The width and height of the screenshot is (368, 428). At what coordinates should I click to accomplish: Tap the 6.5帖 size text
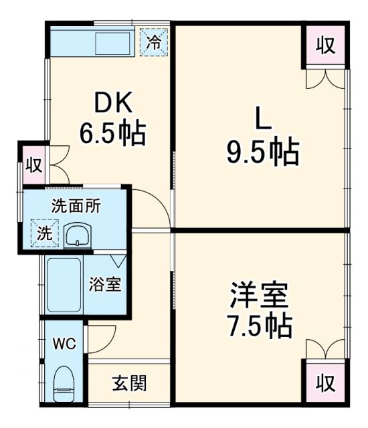pos(114,133)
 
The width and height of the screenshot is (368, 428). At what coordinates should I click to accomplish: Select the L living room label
pos(262,120)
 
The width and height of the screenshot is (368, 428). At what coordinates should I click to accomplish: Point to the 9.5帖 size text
pos(262,153)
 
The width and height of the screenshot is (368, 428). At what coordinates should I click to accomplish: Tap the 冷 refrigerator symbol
pos(154,42)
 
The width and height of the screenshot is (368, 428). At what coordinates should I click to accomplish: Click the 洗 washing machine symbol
pos(43,233)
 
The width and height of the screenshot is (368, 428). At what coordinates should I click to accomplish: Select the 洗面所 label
pos(76,206)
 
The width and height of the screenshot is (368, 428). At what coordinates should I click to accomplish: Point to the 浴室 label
pos(105,284)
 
